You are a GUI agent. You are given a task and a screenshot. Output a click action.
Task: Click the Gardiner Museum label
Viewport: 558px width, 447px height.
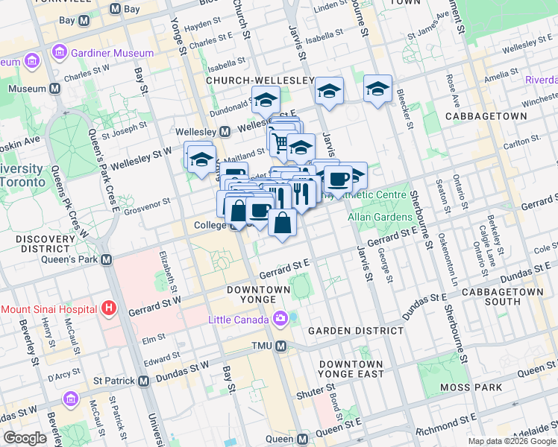click(x=112, y=53)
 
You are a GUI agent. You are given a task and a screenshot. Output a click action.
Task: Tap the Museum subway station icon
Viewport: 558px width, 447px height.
click(x=55, y=89)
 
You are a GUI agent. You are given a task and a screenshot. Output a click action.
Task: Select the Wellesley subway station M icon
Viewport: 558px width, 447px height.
click(x=225, y=132)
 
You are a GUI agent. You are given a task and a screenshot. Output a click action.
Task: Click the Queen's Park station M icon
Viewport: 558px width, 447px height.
click(x=106, y=260)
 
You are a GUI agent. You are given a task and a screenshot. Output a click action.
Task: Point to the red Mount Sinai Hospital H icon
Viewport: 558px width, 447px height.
click(x=109, y=307)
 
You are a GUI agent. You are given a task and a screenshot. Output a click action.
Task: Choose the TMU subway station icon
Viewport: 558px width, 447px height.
click(x=281, y=346)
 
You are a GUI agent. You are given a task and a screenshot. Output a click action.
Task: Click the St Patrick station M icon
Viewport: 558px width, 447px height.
click(x=142, y=381)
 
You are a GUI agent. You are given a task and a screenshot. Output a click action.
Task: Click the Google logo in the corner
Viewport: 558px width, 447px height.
click(x=25, y=438)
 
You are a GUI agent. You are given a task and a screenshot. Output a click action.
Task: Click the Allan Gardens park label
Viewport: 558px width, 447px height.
click(x=380, y=217)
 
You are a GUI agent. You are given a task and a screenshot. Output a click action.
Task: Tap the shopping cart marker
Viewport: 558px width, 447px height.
click(x=280, y=142)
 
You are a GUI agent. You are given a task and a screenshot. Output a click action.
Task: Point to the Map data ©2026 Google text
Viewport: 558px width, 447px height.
click(x=512, y=440)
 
